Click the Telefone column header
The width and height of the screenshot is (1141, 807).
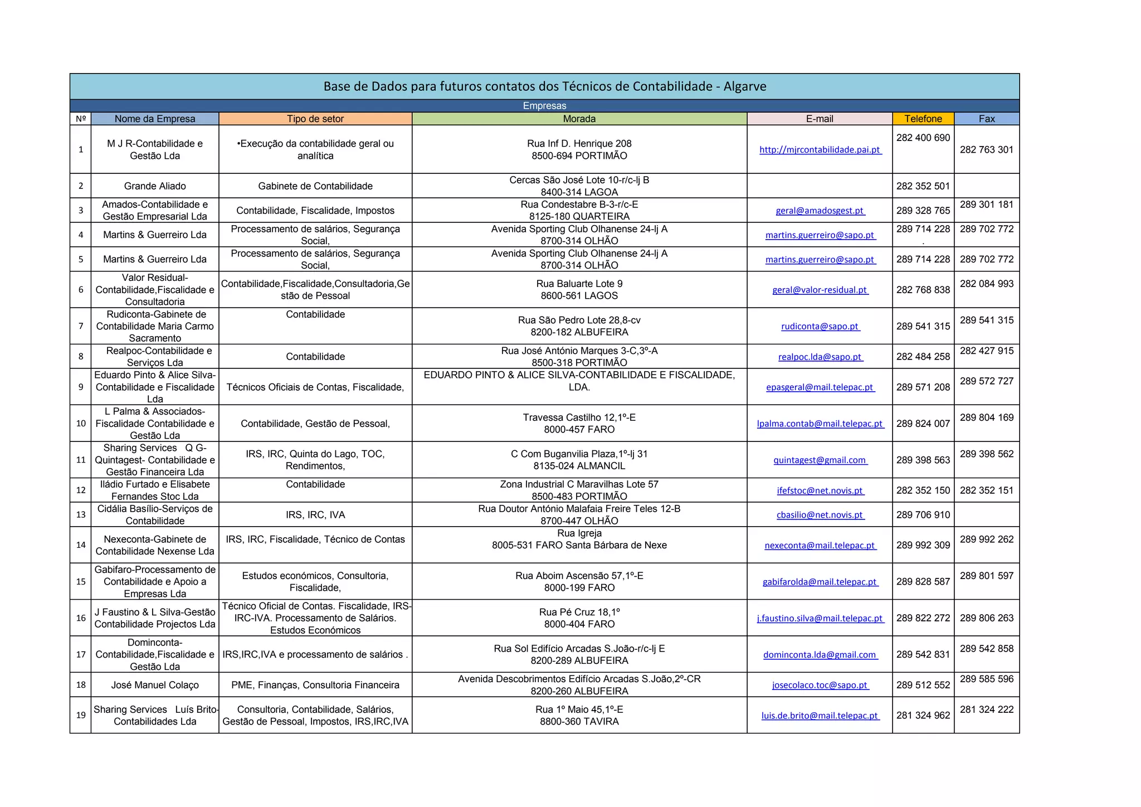923,119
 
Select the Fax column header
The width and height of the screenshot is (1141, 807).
986,119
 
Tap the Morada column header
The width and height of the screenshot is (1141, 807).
579,119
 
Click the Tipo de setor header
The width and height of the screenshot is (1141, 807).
315,119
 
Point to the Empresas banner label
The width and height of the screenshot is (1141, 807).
544,106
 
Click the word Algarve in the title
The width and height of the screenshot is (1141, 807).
745,86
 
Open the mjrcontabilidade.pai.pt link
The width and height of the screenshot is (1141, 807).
820,150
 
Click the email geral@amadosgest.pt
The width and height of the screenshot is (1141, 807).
820,211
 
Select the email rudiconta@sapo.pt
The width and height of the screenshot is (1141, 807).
820,327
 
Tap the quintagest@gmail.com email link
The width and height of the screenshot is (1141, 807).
820,460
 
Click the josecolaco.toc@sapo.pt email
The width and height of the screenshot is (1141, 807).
820,685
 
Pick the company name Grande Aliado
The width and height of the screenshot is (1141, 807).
155,186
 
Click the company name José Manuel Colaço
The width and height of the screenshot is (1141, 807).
155,685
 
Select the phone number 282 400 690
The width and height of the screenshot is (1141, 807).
923,138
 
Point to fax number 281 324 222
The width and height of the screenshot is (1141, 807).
986,709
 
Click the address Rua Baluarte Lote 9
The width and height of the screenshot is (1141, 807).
579,284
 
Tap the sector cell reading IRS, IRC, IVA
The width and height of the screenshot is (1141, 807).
315,515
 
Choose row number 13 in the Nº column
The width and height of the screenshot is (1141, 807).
81,515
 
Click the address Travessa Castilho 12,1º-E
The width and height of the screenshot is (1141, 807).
579,417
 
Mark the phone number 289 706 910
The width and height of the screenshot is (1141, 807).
923,515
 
